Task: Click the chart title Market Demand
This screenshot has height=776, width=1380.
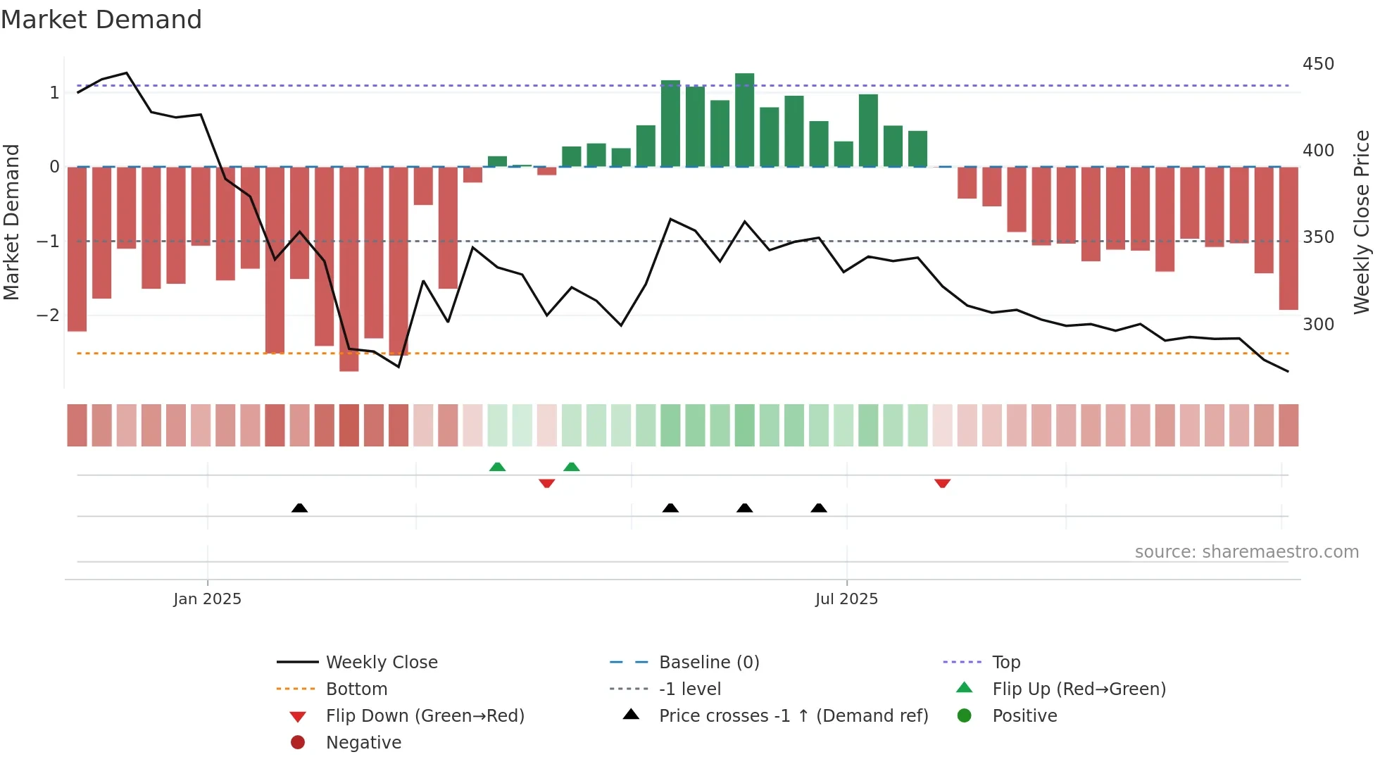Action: pos(101,20)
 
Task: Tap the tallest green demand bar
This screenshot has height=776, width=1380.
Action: pos(744,120)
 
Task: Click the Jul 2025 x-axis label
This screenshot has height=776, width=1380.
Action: pos(846,599)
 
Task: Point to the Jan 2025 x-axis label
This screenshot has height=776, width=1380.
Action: pos(207,599)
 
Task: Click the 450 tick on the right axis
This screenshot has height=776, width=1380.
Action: pos(1318,64)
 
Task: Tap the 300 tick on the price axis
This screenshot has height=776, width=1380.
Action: pos(1318,325)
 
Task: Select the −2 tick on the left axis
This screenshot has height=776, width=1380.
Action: pos(49,315)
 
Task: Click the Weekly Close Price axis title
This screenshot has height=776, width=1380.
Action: pos(1362,222)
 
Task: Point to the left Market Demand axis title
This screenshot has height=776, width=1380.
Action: pos(12,222)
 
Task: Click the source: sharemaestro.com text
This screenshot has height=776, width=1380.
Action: pos(1246,552)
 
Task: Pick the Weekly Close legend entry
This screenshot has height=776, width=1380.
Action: pos(381,663)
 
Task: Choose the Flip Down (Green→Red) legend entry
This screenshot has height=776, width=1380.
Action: pos(425,716)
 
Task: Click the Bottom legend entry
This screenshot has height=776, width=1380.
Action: pos(356,689)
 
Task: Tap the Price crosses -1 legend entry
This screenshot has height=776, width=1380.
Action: pos(793,716)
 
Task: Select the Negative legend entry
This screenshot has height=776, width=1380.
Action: pos(363,743)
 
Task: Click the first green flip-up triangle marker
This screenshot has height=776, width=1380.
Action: pos(497,467)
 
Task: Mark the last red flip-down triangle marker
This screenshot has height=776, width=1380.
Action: pos(942,483)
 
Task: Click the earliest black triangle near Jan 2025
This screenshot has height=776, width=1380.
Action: pos(299,508)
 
